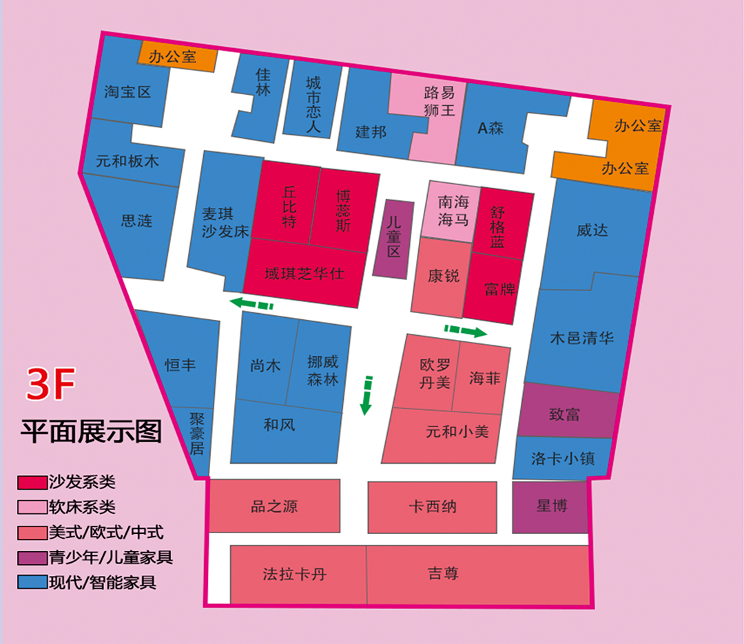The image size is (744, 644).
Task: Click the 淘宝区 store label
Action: (x=127, y=92)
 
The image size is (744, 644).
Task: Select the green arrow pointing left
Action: (x=251, y=303)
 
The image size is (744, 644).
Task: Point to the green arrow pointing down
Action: (x=366, y=396)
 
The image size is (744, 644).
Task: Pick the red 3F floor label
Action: (x=50, y=386)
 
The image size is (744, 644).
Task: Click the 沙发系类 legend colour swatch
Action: (x=32, y=482)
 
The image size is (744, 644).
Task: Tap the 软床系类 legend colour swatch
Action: (x=32, y=507)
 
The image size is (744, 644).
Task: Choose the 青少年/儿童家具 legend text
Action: (x=110, y=557)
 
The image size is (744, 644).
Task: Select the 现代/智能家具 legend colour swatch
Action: (x=32, y=582)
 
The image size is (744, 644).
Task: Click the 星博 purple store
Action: (x=551, y=506)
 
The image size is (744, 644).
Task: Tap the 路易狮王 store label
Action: (x=439, y=100)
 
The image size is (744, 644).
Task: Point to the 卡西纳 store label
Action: (x=432, y=507)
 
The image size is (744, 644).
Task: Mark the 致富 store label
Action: (x=564, y=414)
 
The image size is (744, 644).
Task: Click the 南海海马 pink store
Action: (x=453, y=211)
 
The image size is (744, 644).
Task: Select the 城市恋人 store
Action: (x=313, y=104)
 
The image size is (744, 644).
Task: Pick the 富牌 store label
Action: (x=499, y=289)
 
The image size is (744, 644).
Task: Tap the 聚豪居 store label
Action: (x=197, y=433)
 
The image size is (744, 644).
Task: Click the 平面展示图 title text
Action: (x=91, y=431)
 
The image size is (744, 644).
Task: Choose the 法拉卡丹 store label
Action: (x=294, y=574)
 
